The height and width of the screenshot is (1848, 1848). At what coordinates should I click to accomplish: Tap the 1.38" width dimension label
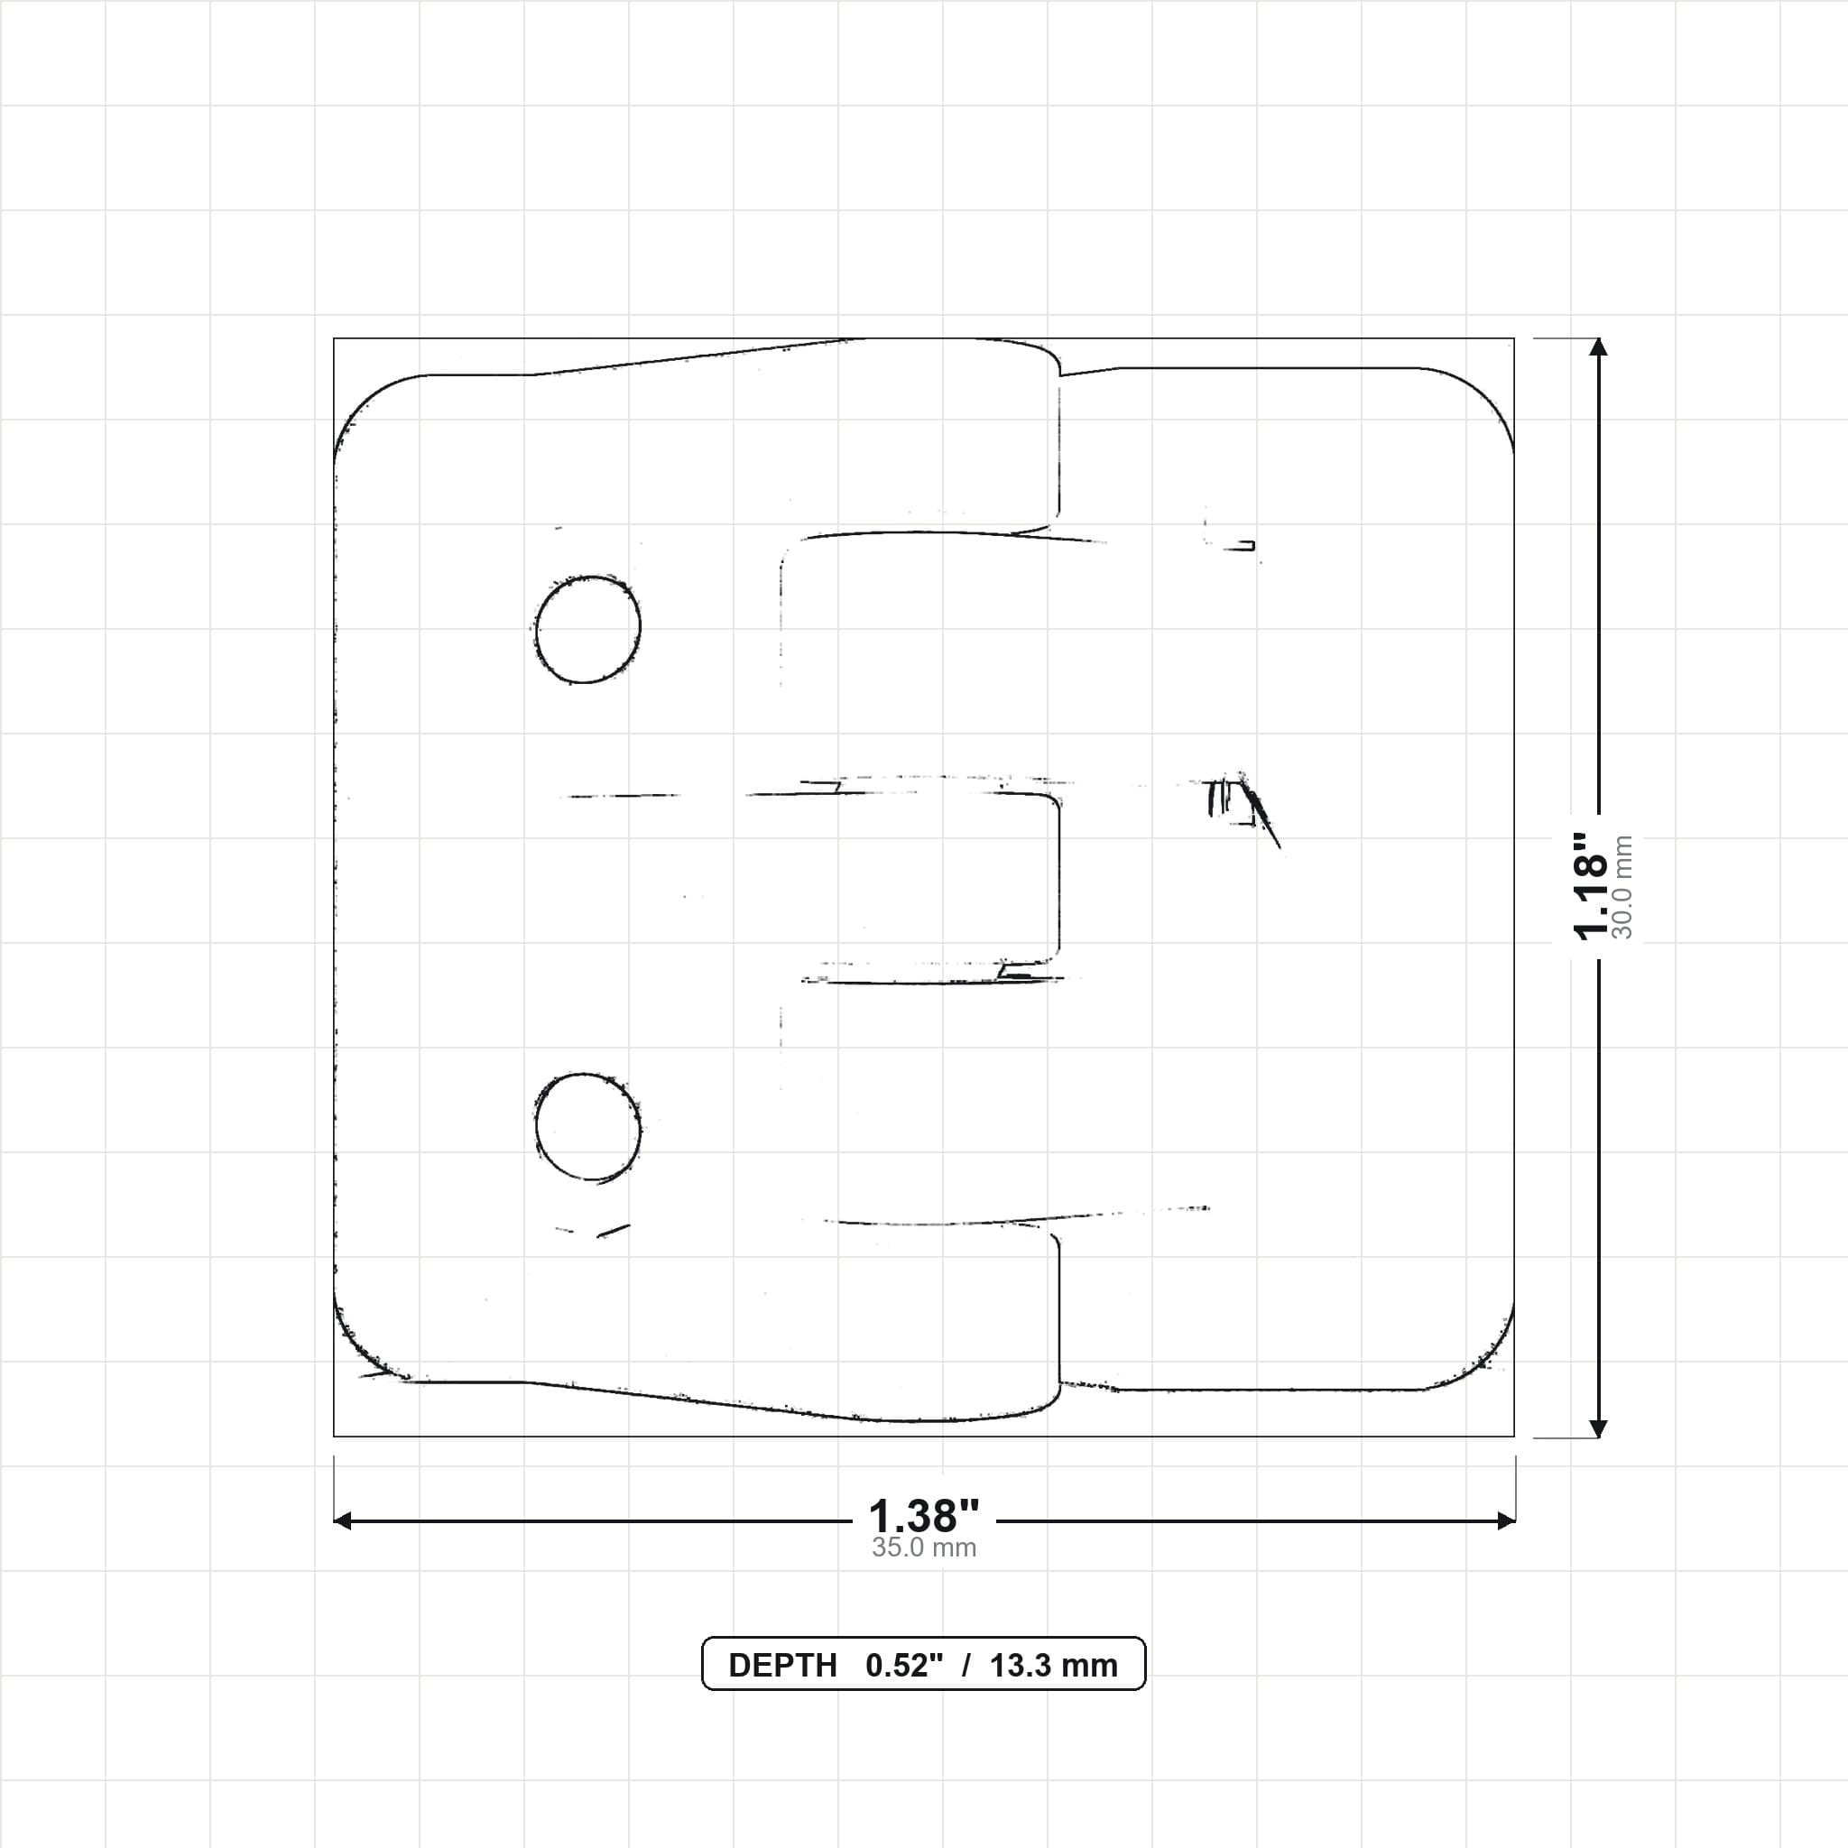coord(924,1516)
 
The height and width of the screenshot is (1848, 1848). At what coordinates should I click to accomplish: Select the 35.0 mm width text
coord(924,1548)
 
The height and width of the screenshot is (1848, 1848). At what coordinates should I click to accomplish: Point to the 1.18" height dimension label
coord(1591,886)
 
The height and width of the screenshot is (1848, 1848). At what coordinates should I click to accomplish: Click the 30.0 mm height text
coord(1622,887)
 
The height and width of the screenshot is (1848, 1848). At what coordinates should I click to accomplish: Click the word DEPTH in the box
coord(782,1666)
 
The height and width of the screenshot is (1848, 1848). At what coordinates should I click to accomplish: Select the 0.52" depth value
coord(904,1666)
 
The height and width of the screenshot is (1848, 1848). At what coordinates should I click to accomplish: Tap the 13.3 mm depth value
coord(1054,1666)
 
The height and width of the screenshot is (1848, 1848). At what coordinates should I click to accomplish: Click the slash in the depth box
coord(967,1666)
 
